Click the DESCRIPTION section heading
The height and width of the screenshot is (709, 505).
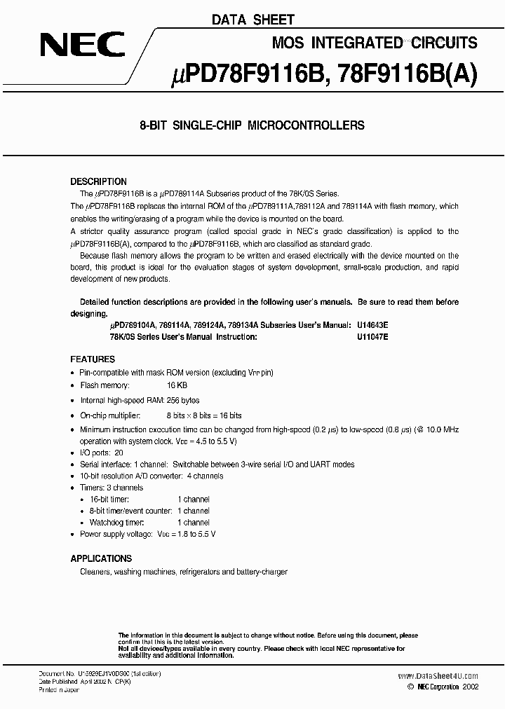pos(99,181)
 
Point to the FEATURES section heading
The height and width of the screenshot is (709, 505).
pos(93,358)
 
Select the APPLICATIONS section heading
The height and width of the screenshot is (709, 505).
pos(101,558)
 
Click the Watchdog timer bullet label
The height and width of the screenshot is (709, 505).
pos(116,522)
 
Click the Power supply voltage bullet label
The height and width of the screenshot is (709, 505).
pos(116,534)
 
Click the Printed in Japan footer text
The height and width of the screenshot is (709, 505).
pos(59,690)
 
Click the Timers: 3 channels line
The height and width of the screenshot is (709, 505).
pos(112,488)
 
